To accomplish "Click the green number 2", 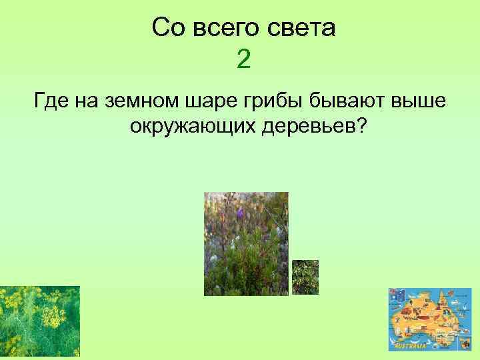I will click(x=243, y=61).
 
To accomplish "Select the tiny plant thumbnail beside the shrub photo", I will click(x=305, y=277).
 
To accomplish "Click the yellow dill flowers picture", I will click(x=39, y=321).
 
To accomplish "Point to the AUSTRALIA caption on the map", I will click(x=409, y=346).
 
